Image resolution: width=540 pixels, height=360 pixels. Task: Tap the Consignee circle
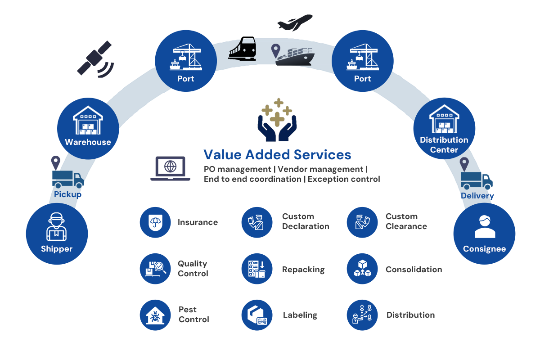coord(484,234)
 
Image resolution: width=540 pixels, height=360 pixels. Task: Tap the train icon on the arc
coord(243,49)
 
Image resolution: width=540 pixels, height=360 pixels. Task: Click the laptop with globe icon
coord(170,168)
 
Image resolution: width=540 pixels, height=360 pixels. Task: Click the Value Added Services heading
coord(277,155)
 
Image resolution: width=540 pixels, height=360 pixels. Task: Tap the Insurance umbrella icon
coord(155,222)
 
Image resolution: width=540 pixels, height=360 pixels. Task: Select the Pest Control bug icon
coord(155,315)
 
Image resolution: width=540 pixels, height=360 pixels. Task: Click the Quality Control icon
coord(155,269)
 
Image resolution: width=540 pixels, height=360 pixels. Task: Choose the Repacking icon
coord(257,269)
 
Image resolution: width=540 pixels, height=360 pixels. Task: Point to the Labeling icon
coord(257,315)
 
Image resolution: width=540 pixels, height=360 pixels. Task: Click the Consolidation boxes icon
coord(362,269)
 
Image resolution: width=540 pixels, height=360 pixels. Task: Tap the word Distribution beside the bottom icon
coord(410,315)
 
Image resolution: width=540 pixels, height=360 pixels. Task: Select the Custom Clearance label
coord(406,221)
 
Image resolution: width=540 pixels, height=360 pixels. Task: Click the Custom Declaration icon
coord(257,222)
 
